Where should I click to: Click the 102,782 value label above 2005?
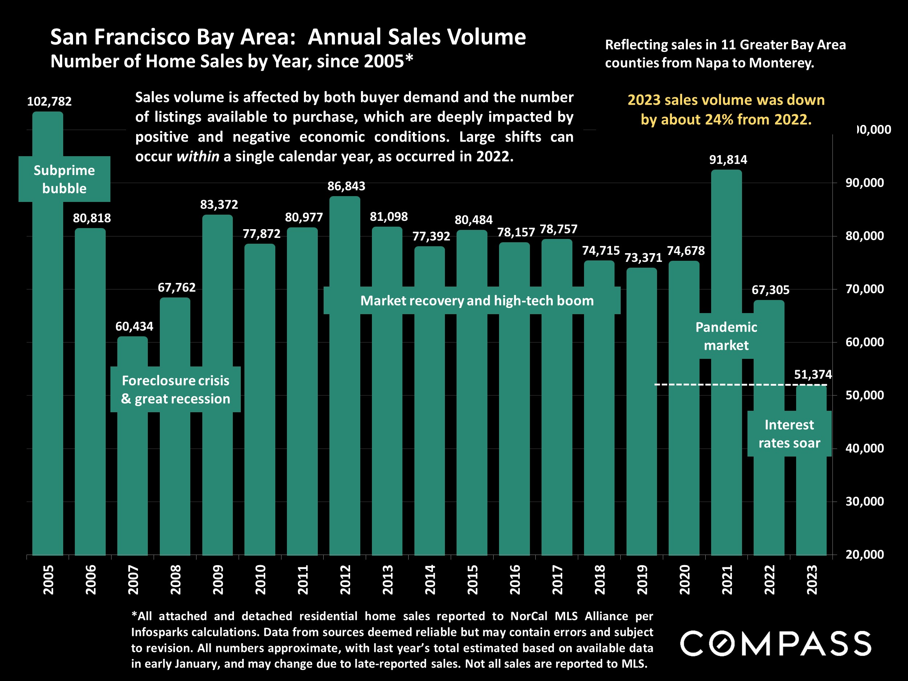coord(49,101)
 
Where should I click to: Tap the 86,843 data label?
coord(346,186)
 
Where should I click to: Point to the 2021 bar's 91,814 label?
coord(728,160)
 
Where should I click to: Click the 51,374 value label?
coord(812,375)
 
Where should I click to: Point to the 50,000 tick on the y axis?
coord(864,395)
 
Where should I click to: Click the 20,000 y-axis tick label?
coord(864,555)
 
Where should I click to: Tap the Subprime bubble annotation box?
coord(64,179)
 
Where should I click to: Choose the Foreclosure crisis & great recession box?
coord(176,390)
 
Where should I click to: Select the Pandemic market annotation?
coord(726,336)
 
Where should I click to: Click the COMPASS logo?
coord(775,644)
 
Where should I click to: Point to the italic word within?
coord(198,157)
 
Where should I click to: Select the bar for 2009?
coord(218,386)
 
